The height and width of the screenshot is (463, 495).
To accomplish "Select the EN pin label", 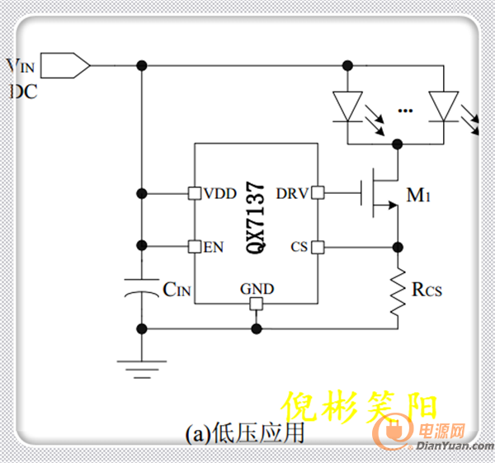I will pyautogui.click(x=213, y=246).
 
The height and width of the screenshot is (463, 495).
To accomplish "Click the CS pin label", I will pyautogui.click(x=299, y=246).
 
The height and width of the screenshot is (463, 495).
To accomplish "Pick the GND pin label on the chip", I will pyautogui.click(x=257, y=289).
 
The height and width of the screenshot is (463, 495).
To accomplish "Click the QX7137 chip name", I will pyautogui.click(x=256, y=218).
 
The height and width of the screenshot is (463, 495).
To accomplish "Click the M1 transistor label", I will pyautogui.click(x=417, y=196).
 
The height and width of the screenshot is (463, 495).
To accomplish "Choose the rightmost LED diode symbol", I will pyautogui.click(x=443, y=105).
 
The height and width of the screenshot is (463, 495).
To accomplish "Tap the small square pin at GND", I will pyautogui.click(x=257, y=304).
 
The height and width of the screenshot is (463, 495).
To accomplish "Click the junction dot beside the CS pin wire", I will pyautogui.click(x=399, y=246).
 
